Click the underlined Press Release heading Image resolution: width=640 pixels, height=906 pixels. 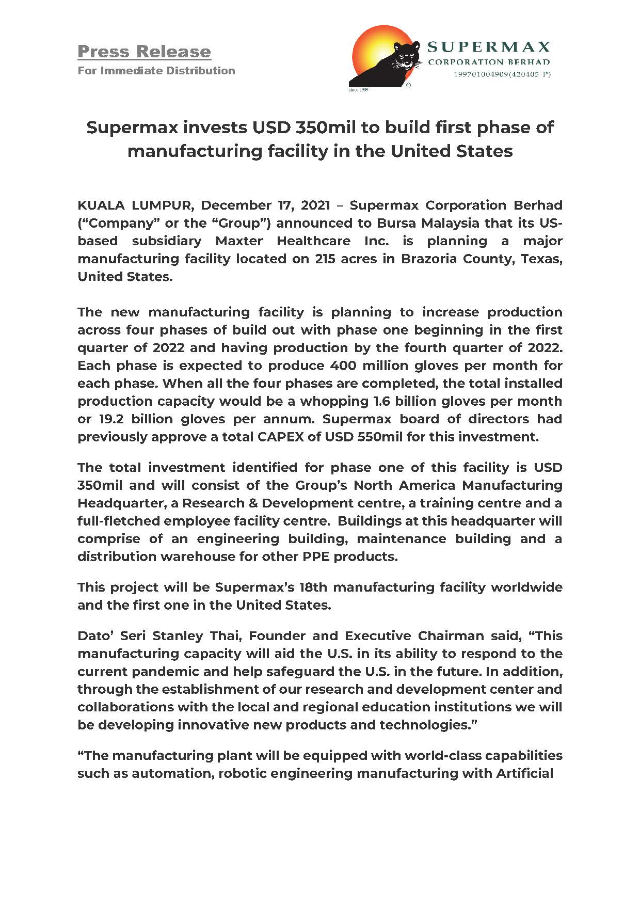[x=144, y=52]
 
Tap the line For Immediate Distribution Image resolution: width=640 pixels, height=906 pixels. [x=156, y=71]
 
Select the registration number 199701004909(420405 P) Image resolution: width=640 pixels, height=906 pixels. [x=502, y=74]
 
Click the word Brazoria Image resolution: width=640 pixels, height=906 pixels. [x=427, y=259]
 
